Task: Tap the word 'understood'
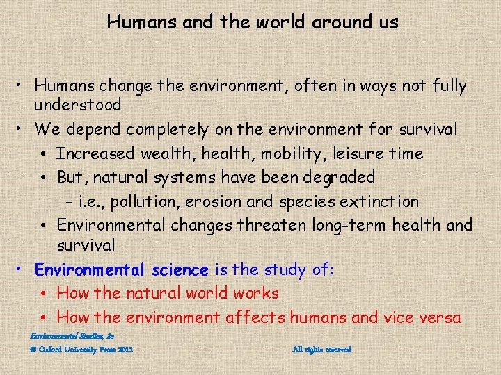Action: click(x=78, y=106)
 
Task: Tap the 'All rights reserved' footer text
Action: click(x=321, y=349)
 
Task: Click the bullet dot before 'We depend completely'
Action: click(x=22, y=130)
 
